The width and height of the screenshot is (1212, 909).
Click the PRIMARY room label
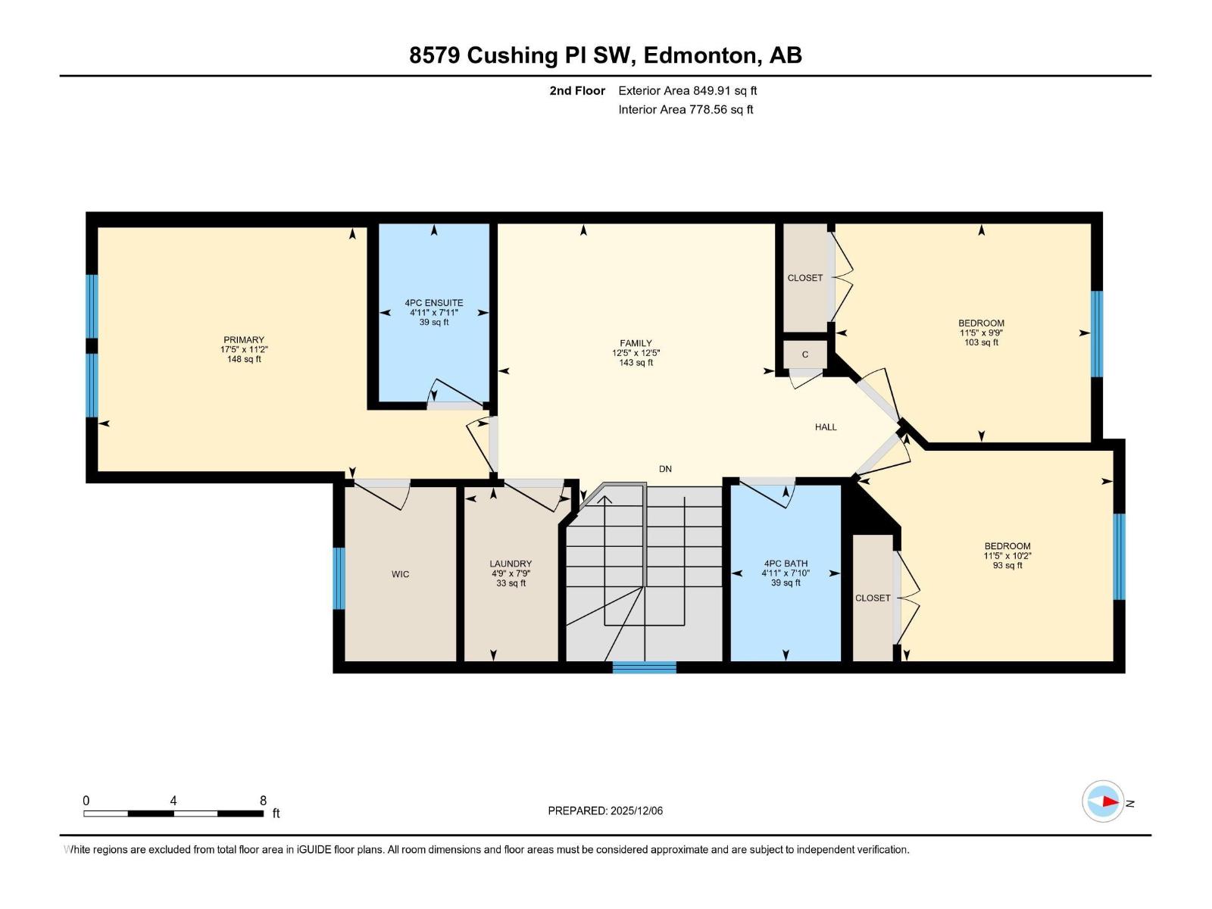click(243, 340)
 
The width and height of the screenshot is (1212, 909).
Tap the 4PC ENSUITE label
click(433, 303)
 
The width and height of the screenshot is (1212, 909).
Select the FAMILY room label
click(636, 343)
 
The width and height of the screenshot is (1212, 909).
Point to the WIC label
click(400, 574)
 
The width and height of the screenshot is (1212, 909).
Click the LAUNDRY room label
click(511, 564)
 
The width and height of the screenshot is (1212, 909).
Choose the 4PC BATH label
click(786, 564)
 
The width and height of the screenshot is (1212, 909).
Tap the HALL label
click(826, 427)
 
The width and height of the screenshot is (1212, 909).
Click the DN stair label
click(665, 469)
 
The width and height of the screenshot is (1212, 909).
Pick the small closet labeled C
click(804, 355)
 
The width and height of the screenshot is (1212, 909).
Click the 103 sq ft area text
click(981, 342)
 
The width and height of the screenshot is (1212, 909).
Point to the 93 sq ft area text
click(1007, 566)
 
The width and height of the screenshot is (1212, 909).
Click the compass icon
click(1103, 801)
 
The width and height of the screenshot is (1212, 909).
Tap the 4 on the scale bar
click(173, 801)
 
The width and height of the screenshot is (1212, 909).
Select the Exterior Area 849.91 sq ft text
click(688, 91)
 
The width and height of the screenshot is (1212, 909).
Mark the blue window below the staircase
click(645, 667)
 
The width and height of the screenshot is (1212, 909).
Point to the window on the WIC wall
click(339, 579)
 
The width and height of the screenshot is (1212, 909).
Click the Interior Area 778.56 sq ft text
click(686, 110)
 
